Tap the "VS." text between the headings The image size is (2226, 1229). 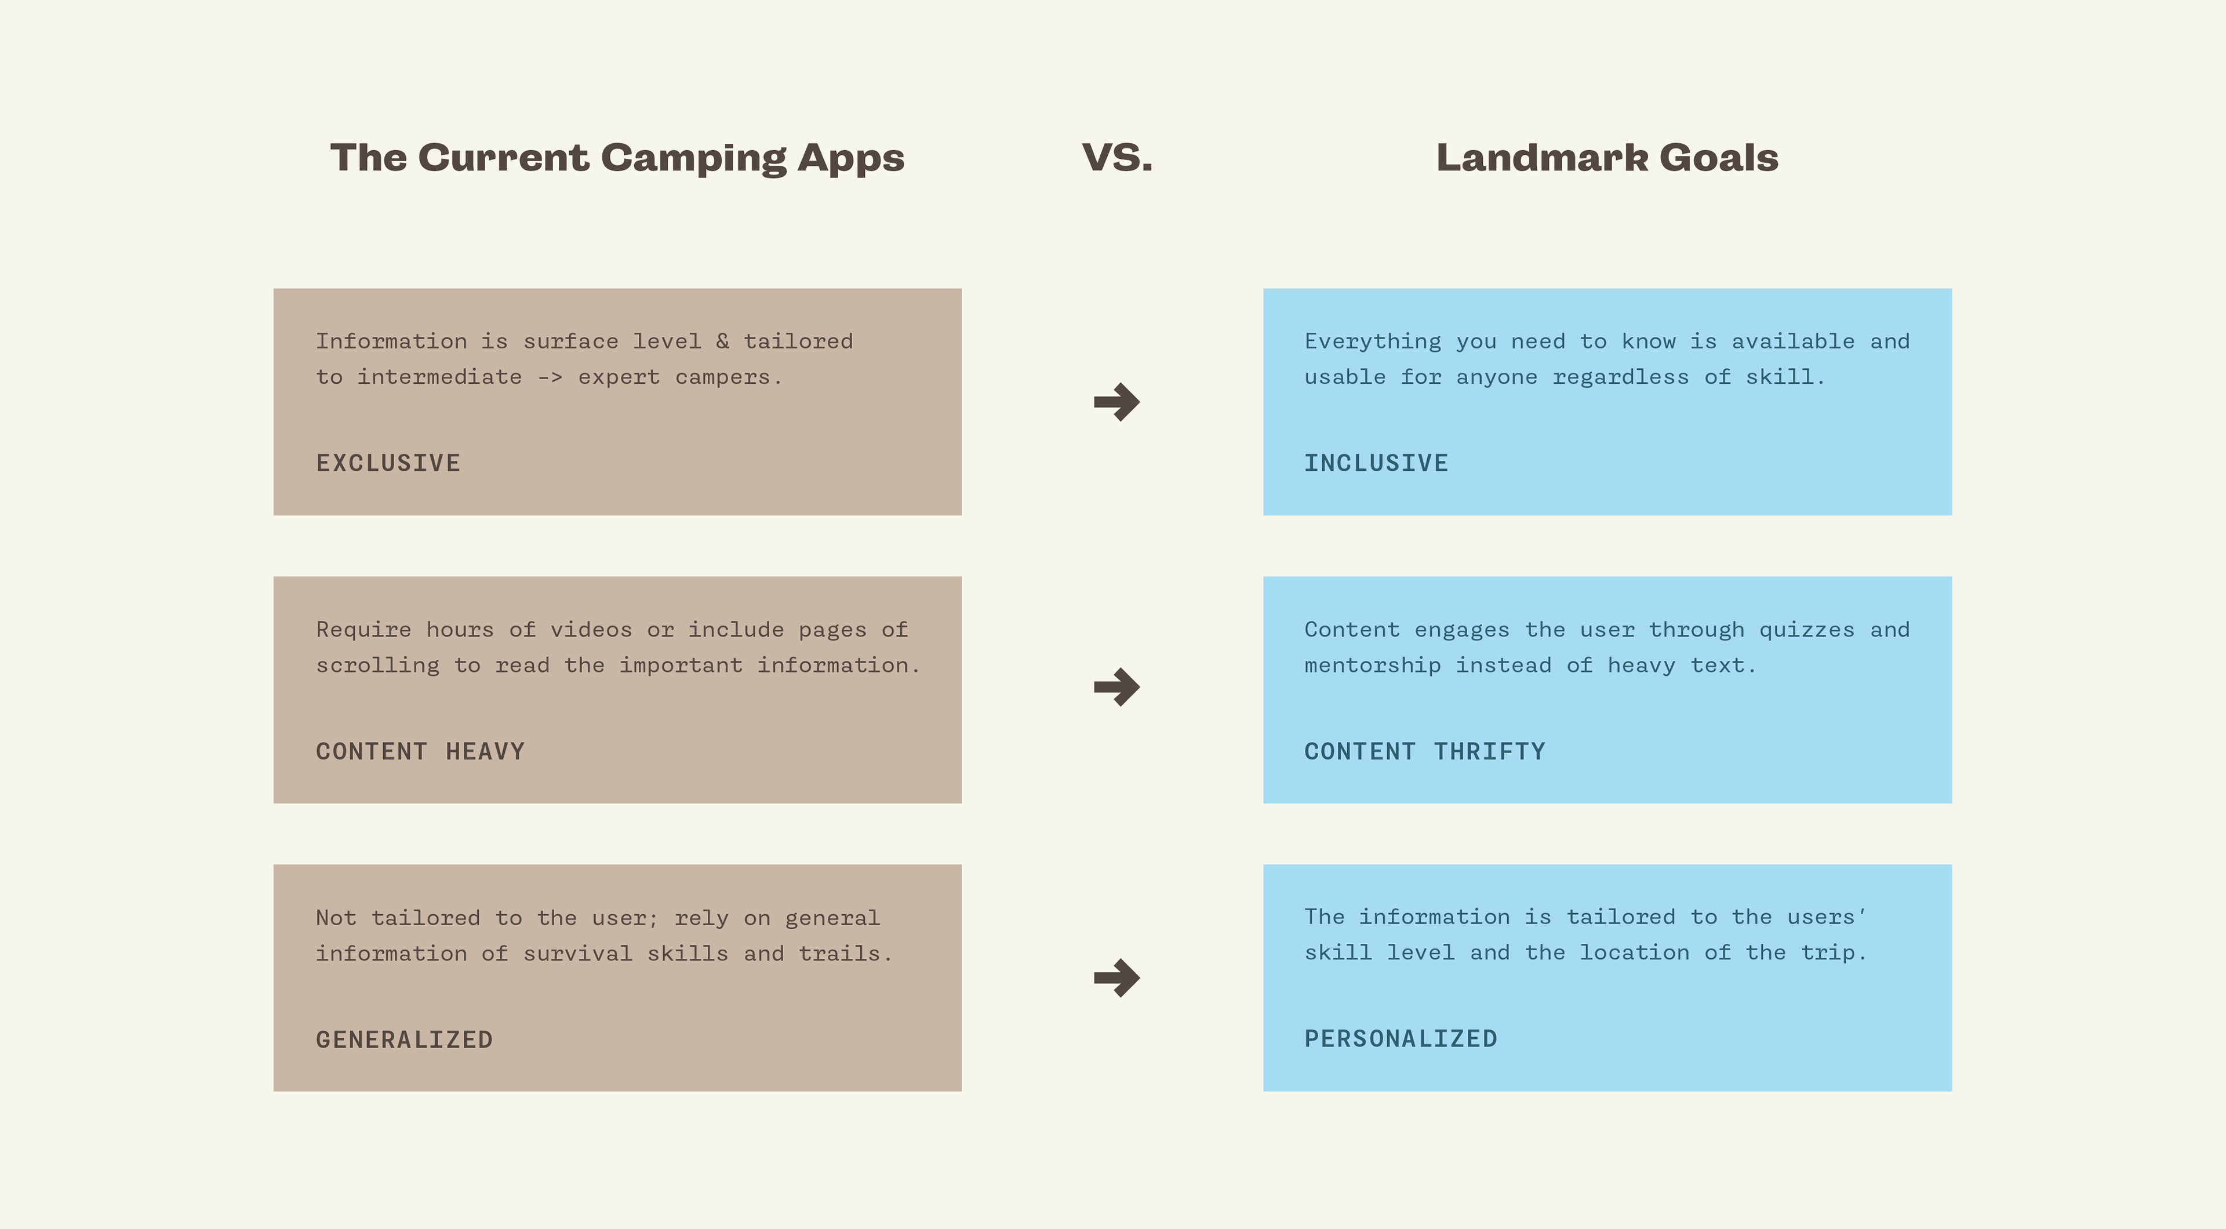[x=1116, y=157]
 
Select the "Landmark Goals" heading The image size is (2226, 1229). [x=1607, y=157]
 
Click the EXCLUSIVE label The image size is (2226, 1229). [x=388, y=463]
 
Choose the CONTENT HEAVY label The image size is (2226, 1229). [x=420, y=752]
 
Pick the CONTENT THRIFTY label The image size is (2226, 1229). [x=1425, y=752]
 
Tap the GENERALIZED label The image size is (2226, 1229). [x=405, y=1040]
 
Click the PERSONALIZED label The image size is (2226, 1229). [x=1401, y=1039]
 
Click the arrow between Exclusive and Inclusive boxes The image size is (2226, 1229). [x=1116, y=402]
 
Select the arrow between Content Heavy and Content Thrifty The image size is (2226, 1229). [x=1116, y=687]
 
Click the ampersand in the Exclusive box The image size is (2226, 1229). [x=722, y=341]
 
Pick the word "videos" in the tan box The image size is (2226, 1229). [x=591, y=630]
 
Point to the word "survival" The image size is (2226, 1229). [x=578, y=954]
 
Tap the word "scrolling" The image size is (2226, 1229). [x=377, y=666]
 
